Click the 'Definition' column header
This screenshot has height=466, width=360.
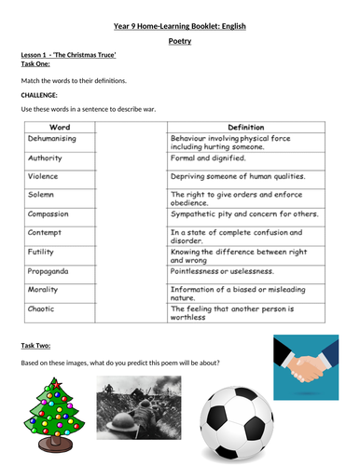245,124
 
